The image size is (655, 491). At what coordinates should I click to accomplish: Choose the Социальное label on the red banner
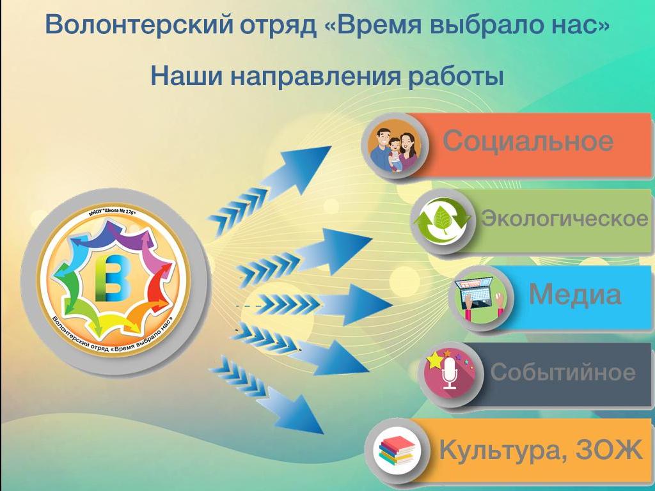(528, 141)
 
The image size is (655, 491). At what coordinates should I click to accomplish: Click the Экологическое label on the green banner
(564, 218)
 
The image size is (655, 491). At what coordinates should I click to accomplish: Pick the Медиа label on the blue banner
(575, 294)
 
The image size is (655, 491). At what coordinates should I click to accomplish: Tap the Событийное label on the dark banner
(563, 371)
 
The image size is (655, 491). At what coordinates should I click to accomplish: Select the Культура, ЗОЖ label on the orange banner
(540, 450)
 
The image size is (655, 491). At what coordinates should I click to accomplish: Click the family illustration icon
(394, 146)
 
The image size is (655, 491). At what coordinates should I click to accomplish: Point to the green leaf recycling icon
(442, 221)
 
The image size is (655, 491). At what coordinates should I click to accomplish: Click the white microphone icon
(450, 373)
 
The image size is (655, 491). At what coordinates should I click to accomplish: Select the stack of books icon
(396, 451)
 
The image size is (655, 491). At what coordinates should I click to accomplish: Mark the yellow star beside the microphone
(434, 360)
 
